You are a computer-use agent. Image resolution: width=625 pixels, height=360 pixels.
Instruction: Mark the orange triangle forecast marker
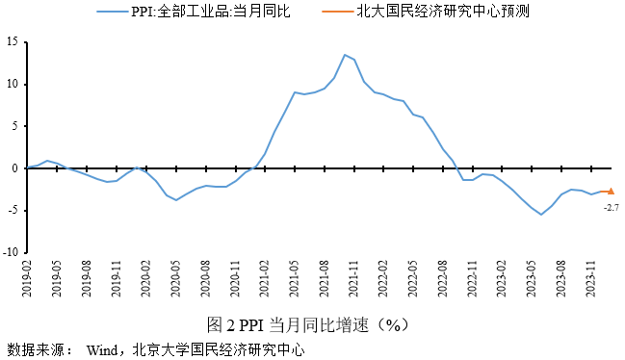coord(611,192)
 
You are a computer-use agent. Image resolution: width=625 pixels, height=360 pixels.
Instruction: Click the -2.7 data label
coord(611,207)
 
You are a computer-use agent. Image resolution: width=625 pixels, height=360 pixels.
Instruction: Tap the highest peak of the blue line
coord(345,55)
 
